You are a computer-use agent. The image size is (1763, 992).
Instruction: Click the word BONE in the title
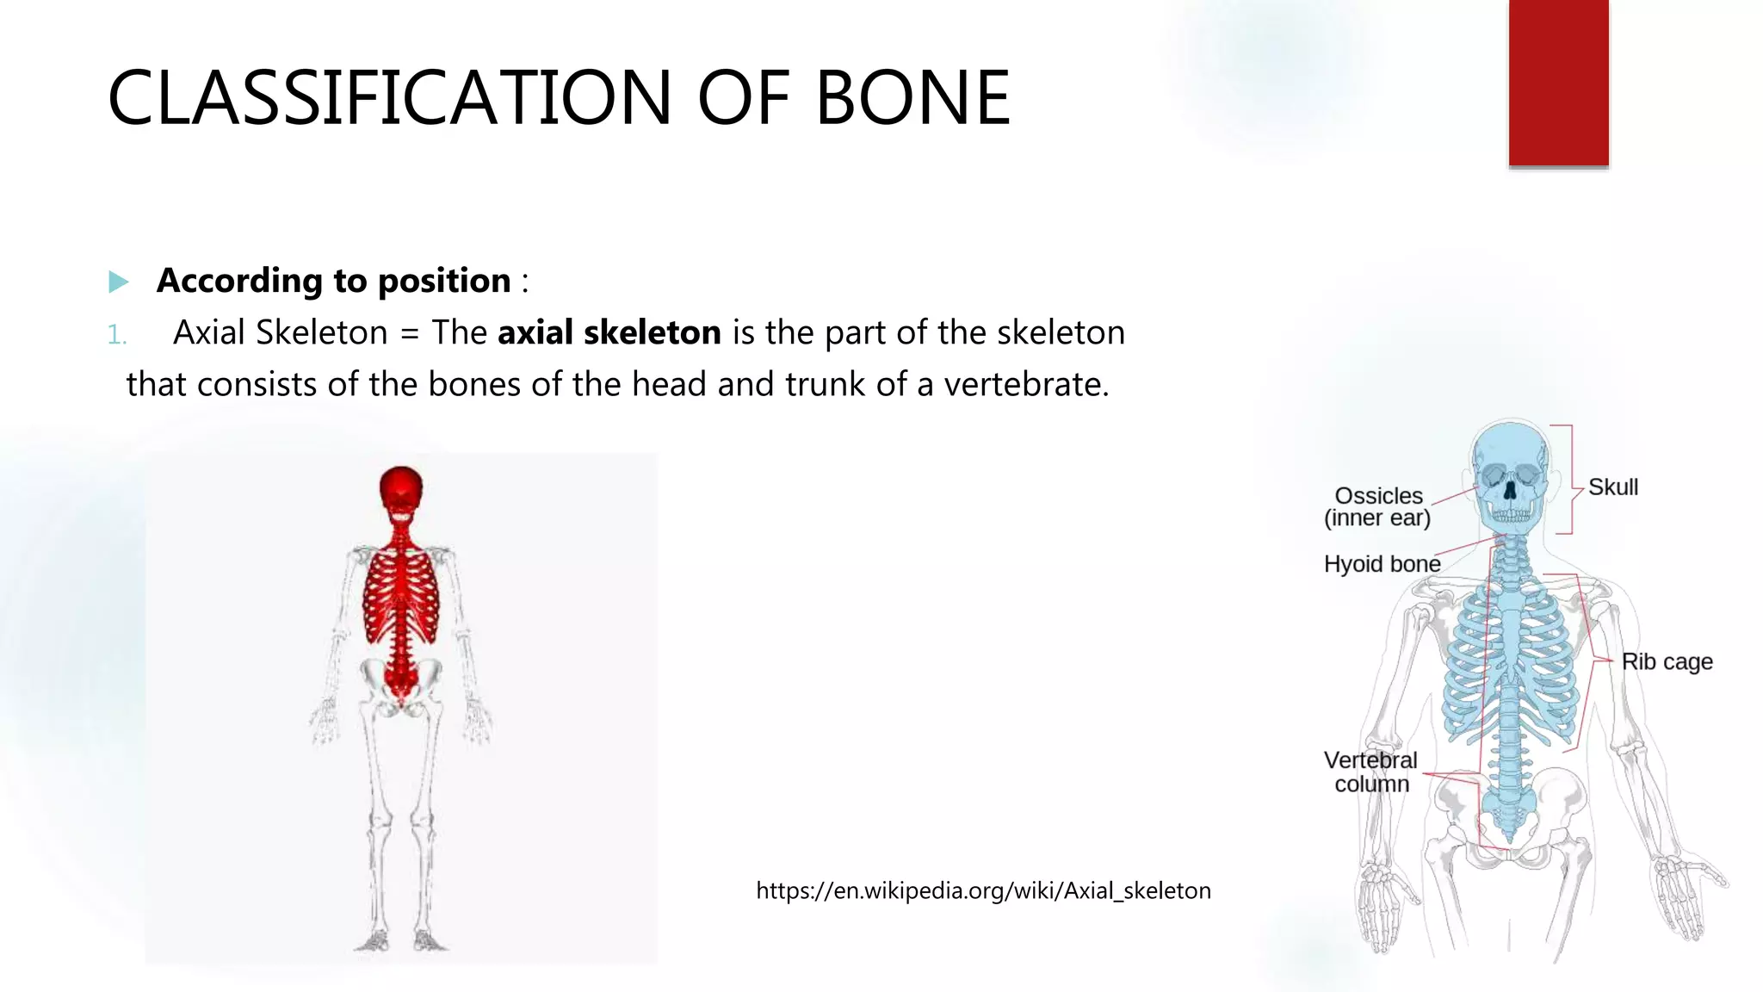(912, 98)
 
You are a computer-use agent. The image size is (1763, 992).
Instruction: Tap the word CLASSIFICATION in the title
(389, 98)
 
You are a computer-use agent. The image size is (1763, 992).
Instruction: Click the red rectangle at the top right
(1558, 83)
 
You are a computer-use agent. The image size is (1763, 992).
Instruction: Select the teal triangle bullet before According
(119, 282)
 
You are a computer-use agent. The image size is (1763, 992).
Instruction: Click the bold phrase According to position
(333, 281)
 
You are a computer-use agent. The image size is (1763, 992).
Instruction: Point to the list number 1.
(117, 335)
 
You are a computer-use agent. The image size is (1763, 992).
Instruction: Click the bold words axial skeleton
(609, 332)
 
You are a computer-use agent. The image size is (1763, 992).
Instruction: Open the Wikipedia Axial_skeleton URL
(983, 890)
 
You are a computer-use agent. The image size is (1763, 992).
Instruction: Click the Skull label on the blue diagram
(1612, 487)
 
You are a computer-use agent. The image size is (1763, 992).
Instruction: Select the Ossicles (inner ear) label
(1377, 506)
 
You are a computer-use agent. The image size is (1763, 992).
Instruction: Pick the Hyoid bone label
(1382, 564)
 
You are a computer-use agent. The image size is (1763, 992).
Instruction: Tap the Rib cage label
(1667, 661)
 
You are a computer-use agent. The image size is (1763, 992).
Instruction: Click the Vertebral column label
(1370, 772)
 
